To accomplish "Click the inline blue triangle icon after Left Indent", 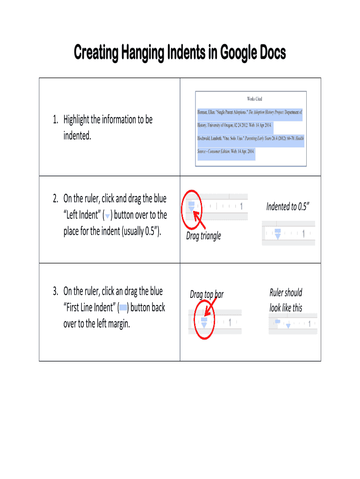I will tap(108, 216).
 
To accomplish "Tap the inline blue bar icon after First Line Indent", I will tap(123, 308).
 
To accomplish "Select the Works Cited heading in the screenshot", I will tap(254, 99).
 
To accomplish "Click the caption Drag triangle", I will tap(203, 236).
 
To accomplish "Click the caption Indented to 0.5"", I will tap(288, 206).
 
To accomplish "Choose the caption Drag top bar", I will tap(207, 294).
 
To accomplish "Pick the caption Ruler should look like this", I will tap(286, 300).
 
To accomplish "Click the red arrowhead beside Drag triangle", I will tap(197, 217).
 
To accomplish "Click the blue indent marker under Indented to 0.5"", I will tap(278, 234).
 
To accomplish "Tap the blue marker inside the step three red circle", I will tap(204, 323).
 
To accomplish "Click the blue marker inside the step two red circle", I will tap(191, 206).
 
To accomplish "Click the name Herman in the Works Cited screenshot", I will tap(204, 112).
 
